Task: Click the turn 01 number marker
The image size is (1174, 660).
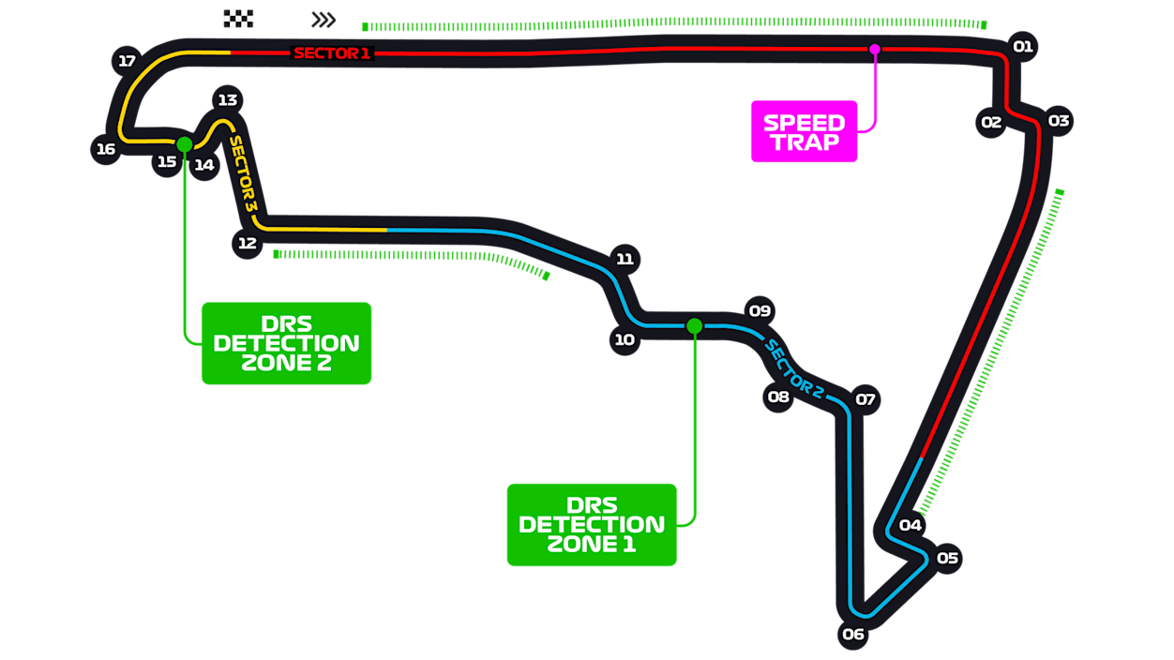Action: coord(1022,46)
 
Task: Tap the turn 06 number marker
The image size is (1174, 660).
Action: coord(852,634)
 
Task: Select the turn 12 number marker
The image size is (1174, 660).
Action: coord(247,243)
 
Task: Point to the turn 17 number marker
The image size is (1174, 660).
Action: coord(127,61)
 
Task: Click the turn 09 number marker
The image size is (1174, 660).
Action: coord(759,310)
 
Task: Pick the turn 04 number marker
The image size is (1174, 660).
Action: coord(910,524)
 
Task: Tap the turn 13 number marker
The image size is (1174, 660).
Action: coord(227,99)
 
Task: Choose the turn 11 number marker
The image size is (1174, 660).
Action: coord(625,259)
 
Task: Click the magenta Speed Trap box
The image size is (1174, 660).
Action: coord(804,131)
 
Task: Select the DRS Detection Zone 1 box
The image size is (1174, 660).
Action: coord(591,524)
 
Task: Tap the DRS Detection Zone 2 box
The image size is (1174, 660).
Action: coord(286,343)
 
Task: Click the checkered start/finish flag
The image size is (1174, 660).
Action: coord(238,18)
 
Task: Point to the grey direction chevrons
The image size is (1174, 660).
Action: coord(324,20)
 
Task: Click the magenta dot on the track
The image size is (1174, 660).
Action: coord(874,49)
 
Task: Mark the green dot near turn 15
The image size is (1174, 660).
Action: coord(185,144)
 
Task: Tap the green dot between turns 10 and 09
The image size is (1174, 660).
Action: coord(694,325)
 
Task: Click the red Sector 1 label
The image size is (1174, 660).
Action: coord(332,53)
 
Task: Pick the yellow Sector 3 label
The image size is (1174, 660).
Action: coord(243,172)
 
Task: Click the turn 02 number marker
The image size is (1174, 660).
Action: coord(991,122)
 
